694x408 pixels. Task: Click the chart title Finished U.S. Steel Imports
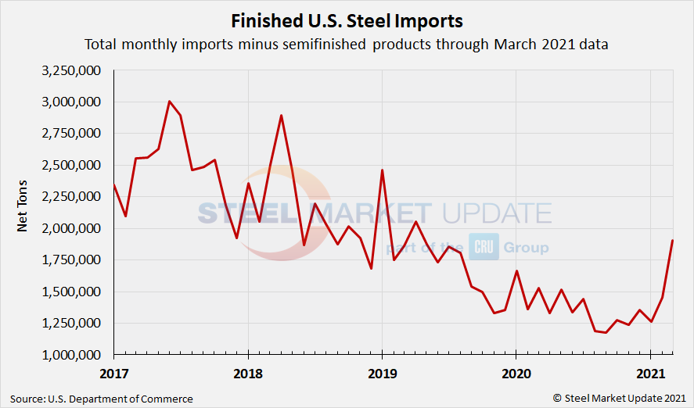point(347,20)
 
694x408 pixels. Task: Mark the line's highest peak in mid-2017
point(170,101)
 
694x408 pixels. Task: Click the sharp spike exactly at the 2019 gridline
point(382,170)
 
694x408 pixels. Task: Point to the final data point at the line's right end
point(673,240)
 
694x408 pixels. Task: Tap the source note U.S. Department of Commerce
point(102,399)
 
